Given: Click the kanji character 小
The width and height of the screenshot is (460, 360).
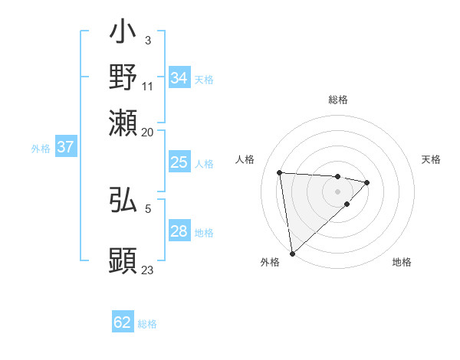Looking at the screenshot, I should coord(123,35).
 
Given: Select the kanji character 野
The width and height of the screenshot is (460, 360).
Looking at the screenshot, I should coord(123,78).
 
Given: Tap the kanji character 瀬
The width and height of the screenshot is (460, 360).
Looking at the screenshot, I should coord(123,123).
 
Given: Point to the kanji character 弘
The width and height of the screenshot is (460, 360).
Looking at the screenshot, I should coord(123,200).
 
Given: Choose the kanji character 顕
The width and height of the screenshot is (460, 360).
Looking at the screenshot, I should coord(123,260).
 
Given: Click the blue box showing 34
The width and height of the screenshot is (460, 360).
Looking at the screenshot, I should coord(179,78).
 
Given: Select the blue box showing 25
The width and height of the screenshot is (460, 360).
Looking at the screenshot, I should coord(179,162).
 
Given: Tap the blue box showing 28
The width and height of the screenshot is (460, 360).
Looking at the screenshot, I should coord(179,231).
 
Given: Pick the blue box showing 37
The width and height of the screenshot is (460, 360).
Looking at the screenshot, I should coord(65,147).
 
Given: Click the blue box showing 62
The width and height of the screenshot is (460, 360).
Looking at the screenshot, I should coord(123,322).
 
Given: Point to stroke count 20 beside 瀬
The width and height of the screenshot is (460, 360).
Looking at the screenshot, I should coord(147,132).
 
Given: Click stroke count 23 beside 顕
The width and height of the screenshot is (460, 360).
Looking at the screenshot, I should coord(147,270).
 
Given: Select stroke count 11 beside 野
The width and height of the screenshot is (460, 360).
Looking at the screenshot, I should coord(147,86).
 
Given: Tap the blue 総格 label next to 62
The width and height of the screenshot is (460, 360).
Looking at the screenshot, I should coord(147,324).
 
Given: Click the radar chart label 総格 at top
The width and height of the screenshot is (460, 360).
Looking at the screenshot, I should coord(338,100).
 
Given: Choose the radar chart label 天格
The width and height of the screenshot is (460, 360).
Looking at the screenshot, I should coord(431,159).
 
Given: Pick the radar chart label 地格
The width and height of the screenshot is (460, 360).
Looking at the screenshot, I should coord(402,262).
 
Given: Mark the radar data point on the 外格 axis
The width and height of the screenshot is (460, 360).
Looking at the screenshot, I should coord(292,253).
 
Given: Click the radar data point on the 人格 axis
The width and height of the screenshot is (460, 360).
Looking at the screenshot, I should coord(280,172).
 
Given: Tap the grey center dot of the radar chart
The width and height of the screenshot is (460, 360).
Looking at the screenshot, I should coord(338,191).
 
